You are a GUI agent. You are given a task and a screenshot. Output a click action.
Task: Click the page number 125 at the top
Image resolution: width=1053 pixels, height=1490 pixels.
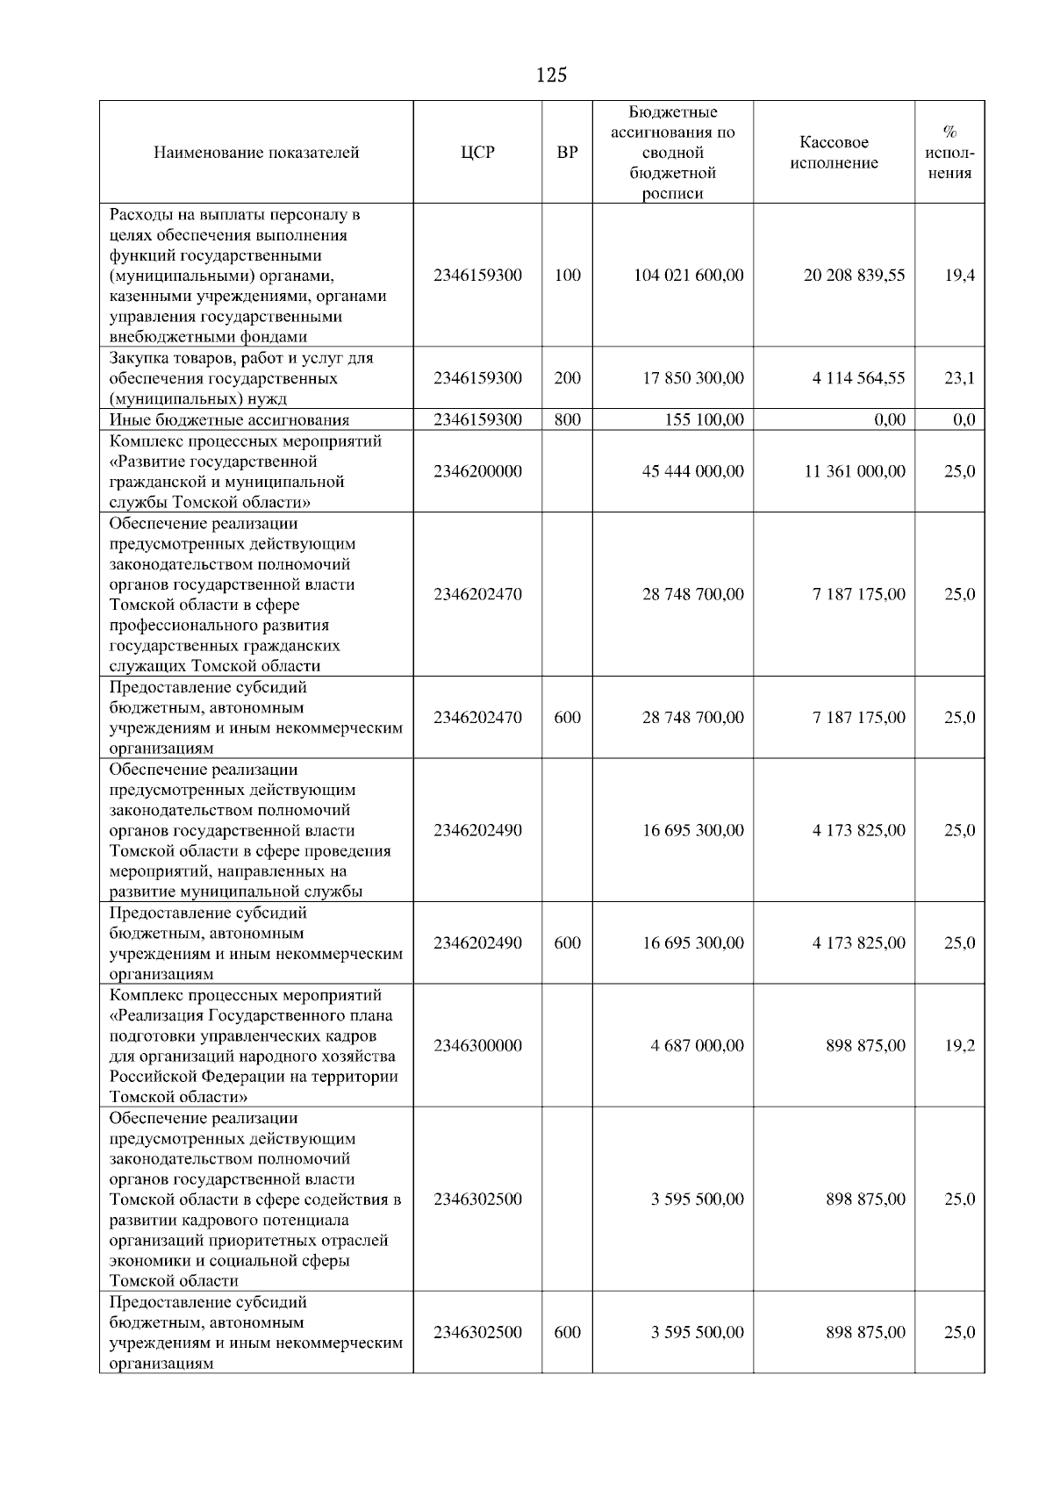click(x=551, y=75)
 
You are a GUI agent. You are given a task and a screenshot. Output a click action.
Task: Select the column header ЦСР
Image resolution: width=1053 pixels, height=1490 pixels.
click(x=477, y=153)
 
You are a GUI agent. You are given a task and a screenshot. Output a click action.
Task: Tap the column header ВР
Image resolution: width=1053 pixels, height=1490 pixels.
click(x=568, y=153)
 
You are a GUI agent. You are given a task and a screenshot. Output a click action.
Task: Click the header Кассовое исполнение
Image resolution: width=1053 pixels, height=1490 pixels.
click(x=834, y=153)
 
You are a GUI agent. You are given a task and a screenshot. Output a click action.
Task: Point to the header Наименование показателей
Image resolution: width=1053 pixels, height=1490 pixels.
click(x=256, y=153)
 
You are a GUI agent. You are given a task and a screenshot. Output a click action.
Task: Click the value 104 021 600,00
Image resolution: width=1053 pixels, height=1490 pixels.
click(x=689, y=276)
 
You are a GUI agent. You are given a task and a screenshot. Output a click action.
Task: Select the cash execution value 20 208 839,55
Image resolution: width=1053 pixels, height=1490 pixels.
click(x=854, y=276)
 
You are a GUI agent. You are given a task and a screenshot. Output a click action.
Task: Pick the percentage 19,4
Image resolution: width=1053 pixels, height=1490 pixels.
click(x=959, y=276)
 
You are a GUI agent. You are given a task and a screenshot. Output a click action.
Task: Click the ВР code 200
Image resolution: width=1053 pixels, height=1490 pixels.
click(x=568, y=378)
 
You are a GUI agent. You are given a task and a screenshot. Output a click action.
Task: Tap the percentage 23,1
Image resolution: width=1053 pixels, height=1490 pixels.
click(x=959, y=378)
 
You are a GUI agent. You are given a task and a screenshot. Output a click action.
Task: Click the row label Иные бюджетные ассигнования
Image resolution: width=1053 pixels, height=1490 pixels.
click(x=229, y=420)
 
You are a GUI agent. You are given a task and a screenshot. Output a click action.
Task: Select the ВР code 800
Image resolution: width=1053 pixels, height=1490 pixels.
click(x=568, y=420)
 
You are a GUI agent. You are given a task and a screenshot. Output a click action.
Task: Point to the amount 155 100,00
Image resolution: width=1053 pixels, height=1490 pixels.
click(x=704, y=420)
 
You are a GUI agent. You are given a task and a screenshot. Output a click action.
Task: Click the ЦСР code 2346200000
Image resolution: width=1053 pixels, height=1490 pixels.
click(x=477, y=472)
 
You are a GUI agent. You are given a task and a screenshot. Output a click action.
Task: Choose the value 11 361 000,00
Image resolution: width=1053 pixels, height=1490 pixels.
click(x=854, y=472)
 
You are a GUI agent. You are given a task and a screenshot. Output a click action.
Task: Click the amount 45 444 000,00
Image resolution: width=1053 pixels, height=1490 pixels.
click(x=692, y=472)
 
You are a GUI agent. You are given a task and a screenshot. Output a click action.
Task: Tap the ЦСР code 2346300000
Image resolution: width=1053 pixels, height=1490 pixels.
click(x=477, y=1046)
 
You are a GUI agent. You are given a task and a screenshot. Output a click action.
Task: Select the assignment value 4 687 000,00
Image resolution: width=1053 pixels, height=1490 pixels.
click(x=697, y=1046)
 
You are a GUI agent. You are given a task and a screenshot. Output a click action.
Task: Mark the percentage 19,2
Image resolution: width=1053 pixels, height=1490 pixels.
click(x=959, y=1046)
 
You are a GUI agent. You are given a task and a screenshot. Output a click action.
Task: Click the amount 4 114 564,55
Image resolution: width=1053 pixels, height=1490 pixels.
click(x=858, y=378)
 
